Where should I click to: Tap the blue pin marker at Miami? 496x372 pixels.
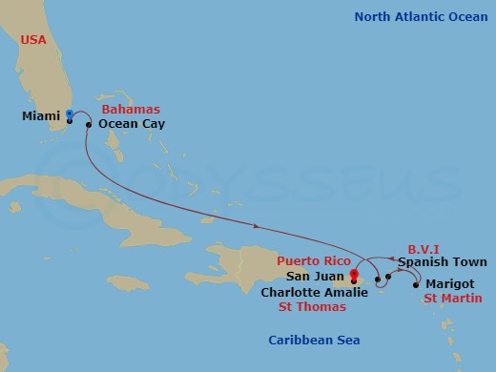pos(70,114)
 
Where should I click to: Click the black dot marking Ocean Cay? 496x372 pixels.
pos(89,124)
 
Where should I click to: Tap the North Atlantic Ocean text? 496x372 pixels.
pos(421,16)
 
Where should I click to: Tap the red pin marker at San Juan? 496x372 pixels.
pos(354,277)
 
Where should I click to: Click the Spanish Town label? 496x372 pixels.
pos(443,262)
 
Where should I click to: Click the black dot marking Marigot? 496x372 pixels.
pos(416,284)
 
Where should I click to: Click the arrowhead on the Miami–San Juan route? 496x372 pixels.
pos(258,227)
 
